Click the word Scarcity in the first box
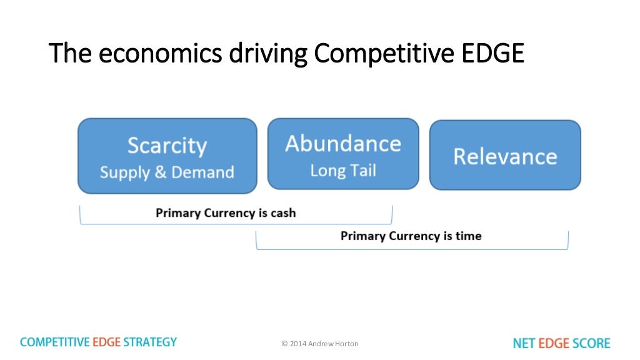click(x=167, y=146)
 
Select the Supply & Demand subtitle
click(x=167, y=172)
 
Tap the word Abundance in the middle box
click(x=343, y=144)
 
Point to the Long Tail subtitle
click(x=343, y=171)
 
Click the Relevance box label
click(x=505, y=156)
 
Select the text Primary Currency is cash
click(x=226, y=213)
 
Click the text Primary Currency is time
click(x=411, y=236)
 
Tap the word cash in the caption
click(x=283, y=213)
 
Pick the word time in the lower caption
click(x=469, y=236)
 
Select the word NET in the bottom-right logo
click(x=524, y=343)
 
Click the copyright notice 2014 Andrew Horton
click(x=320, y=344)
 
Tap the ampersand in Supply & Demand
click(x=160, y=173)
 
